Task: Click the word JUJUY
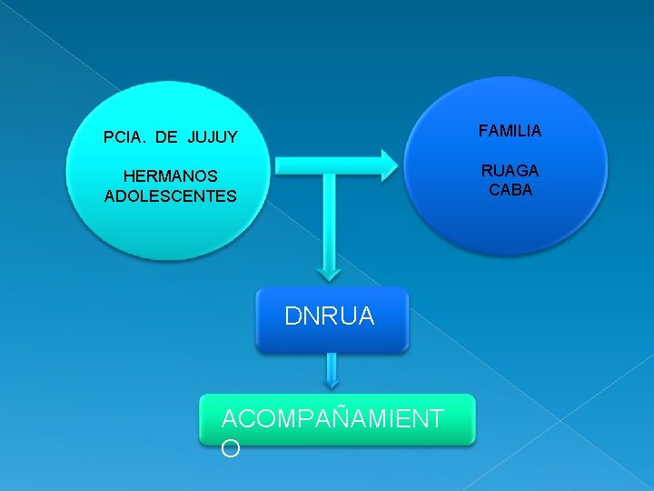tap(213, 138)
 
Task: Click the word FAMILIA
tap(510, 132)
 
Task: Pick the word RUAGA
tap(510, 171)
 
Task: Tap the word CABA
tap(510, 191)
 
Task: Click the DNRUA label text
tap(329, 316)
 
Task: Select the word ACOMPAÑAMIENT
tap(332, 418)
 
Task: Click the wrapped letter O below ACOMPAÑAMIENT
tap(231, 448)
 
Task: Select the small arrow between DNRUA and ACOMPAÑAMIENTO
tap(332, 373)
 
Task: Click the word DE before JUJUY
tap(167, 138)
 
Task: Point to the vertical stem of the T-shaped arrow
tap(332, 218)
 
